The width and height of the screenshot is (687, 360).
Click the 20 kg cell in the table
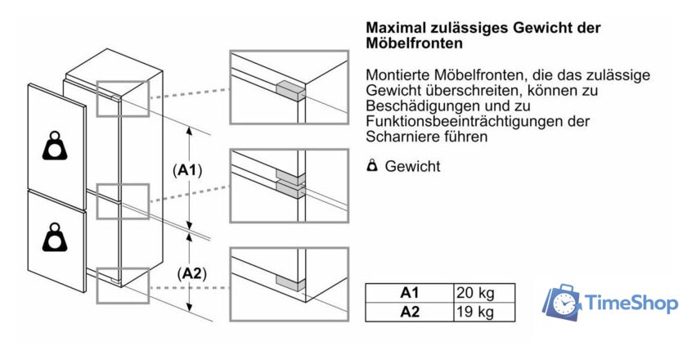coord(484,293)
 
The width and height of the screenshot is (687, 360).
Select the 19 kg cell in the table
coord(484,313)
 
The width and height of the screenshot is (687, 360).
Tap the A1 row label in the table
coord(410,293)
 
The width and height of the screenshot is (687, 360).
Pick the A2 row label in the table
coord(410,313)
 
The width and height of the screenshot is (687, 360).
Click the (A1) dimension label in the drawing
coord(187,170)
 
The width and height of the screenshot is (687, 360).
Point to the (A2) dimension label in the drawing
coord(192,273)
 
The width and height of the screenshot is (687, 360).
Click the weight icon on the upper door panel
coord(55,146)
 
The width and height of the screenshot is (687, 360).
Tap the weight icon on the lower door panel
coord(55,237)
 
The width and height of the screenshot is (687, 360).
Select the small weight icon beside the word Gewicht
coord(372,166)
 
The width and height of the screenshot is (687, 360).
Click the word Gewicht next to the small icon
coord(412,166)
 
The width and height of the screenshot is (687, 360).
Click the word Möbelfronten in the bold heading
coord(414,43)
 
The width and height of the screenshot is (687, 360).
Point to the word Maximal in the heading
coord(396,28)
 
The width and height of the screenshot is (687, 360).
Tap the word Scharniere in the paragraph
coord(401,137)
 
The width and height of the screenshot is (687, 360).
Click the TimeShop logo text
coord(631,303)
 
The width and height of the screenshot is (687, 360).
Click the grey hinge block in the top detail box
coord(290,91)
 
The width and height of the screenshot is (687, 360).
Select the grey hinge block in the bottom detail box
coord(290,284)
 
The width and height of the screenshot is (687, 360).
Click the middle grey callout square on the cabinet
coord(123,201)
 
